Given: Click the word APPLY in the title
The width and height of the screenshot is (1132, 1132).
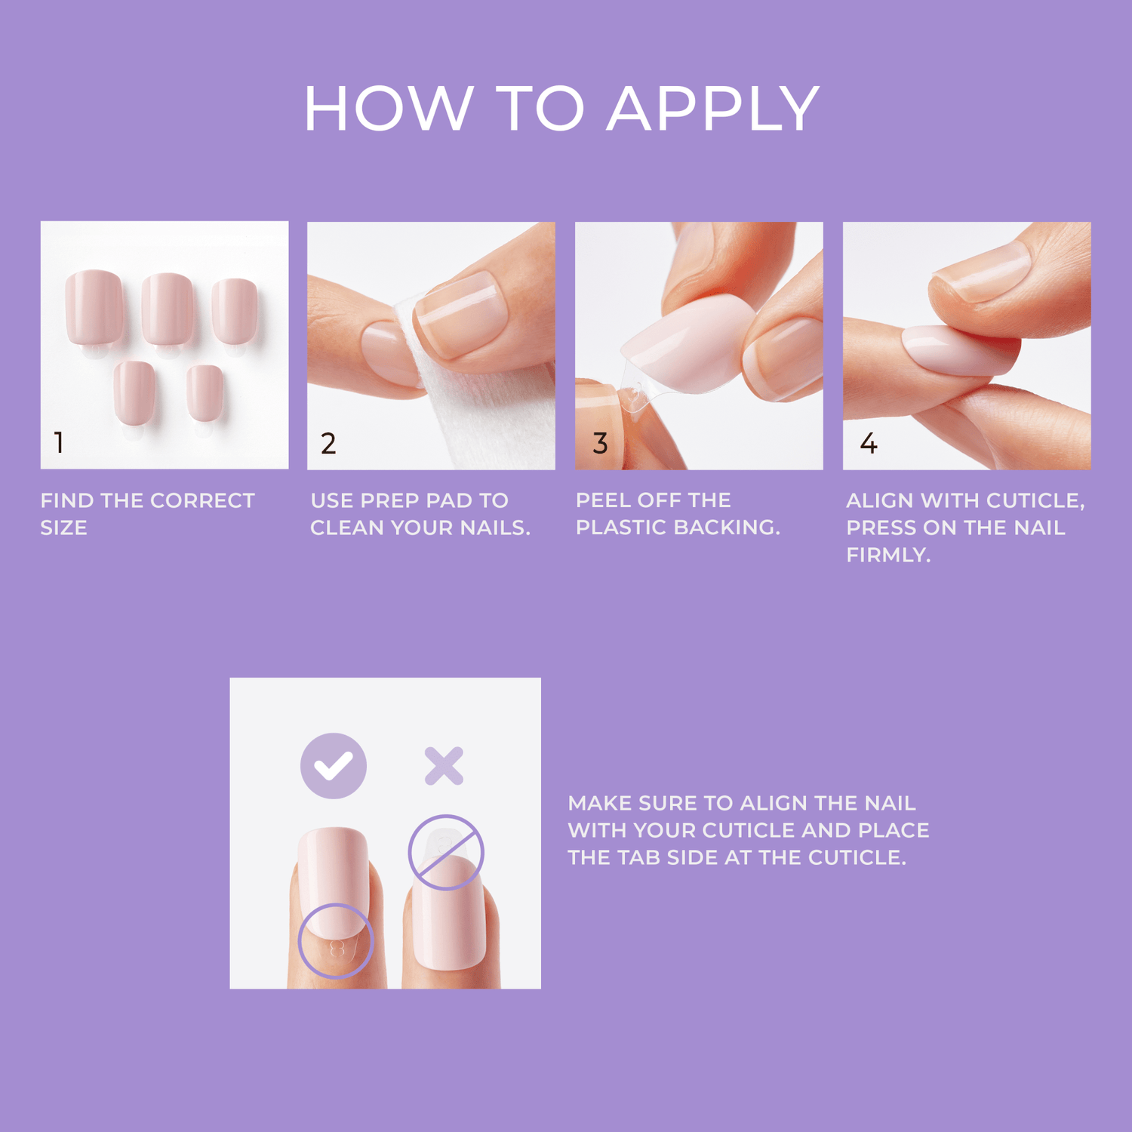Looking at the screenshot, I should pos(713,109).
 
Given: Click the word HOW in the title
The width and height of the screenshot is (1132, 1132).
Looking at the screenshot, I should pos(389,109).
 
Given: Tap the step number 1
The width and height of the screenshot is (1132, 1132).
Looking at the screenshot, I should pos(59,442).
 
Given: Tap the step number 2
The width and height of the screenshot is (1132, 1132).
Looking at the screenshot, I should pos(328,444).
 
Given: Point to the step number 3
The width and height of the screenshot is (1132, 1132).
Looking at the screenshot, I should pos(600,444).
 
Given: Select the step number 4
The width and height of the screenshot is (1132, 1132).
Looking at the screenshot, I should pos(869,444).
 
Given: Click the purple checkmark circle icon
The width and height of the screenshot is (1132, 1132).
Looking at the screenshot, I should pos(334,766).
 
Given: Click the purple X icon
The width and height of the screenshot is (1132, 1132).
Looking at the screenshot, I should pos(444,766).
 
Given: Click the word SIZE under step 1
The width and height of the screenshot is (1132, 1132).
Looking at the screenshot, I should pos(64,528).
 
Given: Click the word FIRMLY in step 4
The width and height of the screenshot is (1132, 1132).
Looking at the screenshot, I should pos(888,555).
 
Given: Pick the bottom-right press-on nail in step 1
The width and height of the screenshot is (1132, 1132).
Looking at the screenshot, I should pos(205,392).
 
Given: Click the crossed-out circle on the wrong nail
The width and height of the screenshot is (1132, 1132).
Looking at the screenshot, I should pos(445,852).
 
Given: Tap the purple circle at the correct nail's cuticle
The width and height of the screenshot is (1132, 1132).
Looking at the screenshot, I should pos(336,941).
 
